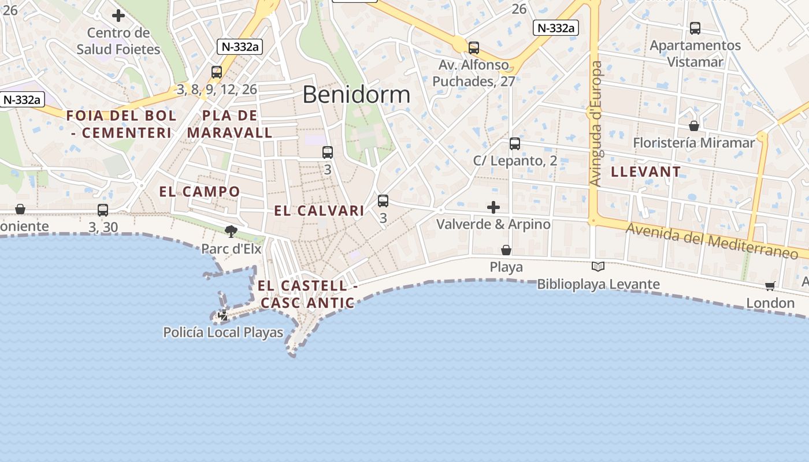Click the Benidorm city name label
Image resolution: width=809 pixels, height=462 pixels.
[x=356, y=95]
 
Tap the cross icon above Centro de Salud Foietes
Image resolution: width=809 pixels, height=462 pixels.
[x=118, y=16]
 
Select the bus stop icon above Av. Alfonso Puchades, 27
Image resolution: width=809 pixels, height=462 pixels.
[x=474, y=48]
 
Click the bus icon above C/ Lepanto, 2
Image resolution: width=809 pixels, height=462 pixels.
[x=515, y=144]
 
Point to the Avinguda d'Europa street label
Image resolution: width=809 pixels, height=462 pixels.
[x=596, y=124]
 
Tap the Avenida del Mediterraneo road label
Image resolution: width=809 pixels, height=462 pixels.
[x=717, y=241]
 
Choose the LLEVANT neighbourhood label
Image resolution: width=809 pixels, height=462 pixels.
[x=645, y=172]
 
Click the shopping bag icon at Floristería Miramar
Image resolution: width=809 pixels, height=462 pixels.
[x=694, y=126]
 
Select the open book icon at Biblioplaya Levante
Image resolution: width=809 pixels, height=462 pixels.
[x=598, y=267]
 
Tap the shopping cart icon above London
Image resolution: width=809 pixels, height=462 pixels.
[x=770, y=286]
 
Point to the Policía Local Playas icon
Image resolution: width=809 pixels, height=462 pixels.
[x=223, y=315]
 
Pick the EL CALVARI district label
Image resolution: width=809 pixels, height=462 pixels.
[x=319, y=211]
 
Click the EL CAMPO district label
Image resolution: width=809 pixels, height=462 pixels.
[x=199, y=192]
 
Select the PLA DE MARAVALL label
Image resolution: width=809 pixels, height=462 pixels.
[x=229, y=124]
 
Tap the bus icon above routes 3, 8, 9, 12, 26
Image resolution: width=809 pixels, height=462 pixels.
[x=217, y=72]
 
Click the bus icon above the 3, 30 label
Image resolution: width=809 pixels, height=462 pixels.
[x=103, y=210]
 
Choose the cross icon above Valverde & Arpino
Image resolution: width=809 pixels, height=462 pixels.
[x=493, y=207]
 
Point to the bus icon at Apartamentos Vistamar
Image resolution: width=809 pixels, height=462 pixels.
[x=695, y=28]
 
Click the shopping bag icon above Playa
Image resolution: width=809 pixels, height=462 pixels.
[x=506, y=250]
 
